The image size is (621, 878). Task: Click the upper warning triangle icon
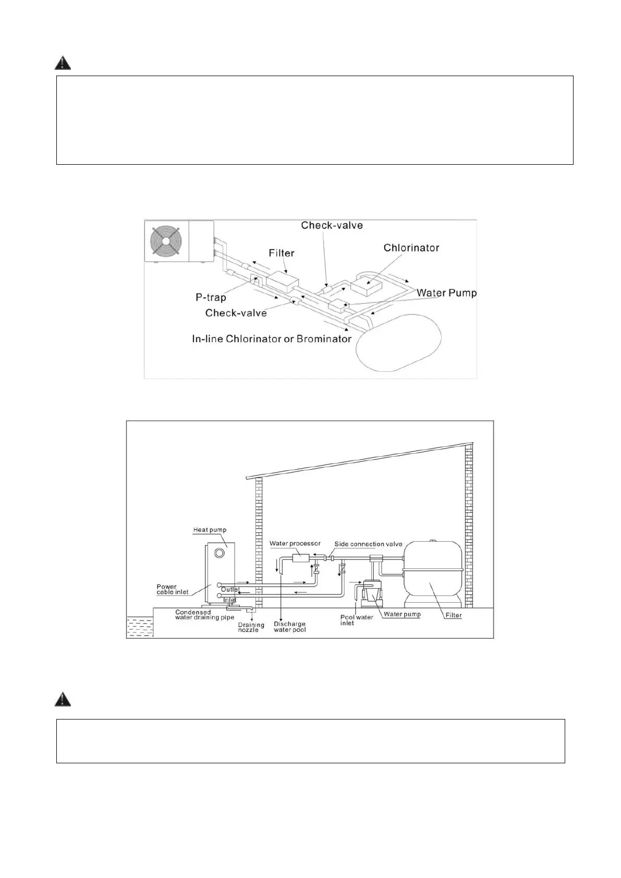pyautogui.click(x=63, y=63)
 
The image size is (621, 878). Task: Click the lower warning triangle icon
pyautogui.click(x=63, y=699)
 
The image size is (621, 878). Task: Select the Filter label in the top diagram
pyautogui.click(x=282, y=253)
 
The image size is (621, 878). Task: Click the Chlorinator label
pyautogui.click(x=411, y=248)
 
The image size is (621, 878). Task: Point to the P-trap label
pyautogui.click(x=211, y=298)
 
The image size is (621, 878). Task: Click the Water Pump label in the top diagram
pyautogui.click(x=446, y=293)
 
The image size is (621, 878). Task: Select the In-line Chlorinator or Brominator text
pyautogui.click(x=272, y=339)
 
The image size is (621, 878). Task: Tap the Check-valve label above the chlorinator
pyautogui.click(x=332, y=225)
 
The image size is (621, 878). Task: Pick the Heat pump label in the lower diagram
pyautogui.click(x=210, y=530)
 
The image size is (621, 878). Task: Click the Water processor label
pyautogui.click(x=295, y=544)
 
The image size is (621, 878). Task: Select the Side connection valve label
pyautogui.click(x=368, y=544)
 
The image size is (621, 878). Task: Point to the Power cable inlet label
pyautogui.click(x=173, y=590)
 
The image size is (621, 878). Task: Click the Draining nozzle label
pyautogui.click(x=251, y=627)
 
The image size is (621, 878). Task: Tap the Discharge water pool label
pyautogui.click(x=289, y=627)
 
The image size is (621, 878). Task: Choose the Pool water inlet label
pyautogui.click(x=357, y=620)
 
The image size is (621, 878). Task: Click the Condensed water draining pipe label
pyautogui.click(x=204, y=615)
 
